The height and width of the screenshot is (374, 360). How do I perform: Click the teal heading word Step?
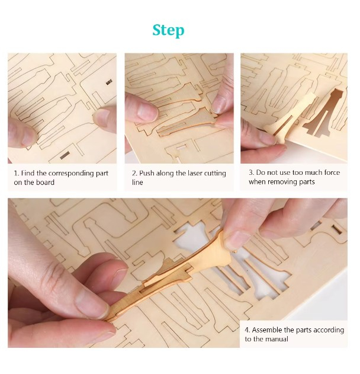[x=168, y=31]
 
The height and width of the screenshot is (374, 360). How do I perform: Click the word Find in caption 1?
[x=28, y=173]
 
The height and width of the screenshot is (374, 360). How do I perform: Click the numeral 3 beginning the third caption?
[x=250, y=172]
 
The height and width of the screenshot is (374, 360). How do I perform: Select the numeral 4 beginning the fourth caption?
[x=247, y=330]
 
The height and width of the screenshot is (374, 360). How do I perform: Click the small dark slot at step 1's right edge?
[x=109, y=82]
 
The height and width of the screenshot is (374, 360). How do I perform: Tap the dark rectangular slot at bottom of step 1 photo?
[x=65, y=155]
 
